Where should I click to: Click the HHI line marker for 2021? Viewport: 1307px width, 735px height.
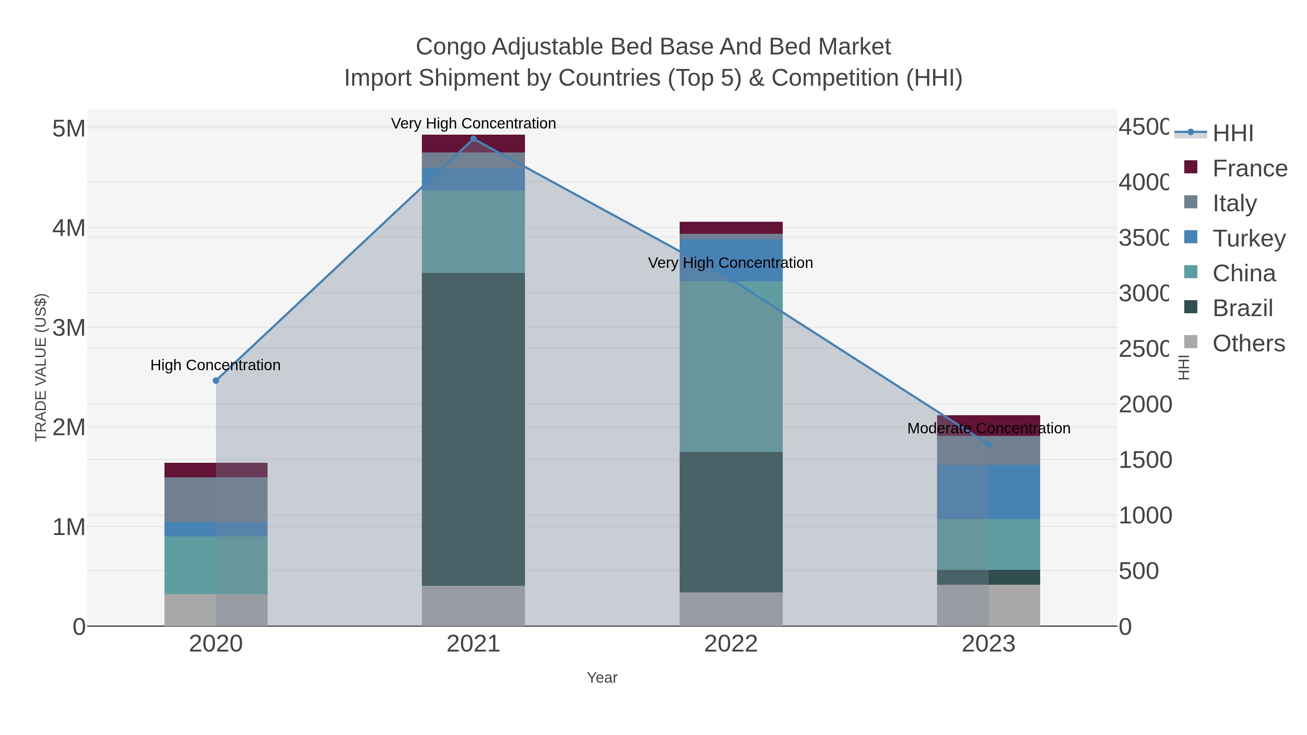click(473, 139)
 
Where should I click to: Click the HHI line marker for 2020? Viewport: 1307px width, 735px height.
click(216, 380)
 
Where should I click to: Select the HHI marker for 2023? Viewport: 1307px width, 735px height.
click(988, 444)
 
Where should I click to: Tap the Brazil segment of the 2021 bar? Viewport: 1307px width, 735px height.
click(473, 429)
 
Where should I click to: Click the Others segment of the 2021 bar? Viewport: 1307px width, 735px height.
click(473, 606)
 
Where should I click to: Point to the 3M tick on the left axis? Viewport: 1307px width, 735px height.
click(69, 328)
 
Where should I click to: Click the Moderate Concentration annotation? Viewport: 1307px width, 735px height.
click(988, 428)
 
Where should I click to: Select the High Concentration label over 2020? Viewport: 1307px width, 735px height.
click(216, 365)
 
